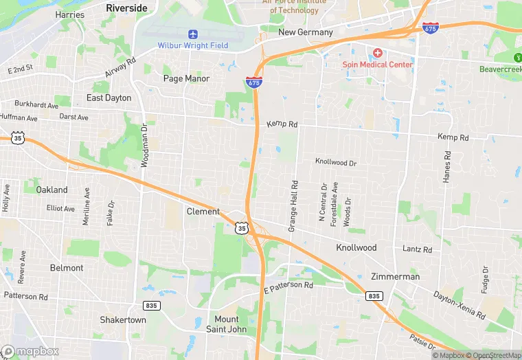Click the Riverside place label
[x=126, y=8]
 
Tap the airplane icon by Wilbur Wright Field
[x=192, y=34]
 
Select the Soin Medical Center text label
[x=378, y=65]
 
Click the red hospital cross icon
[x=377, y=53]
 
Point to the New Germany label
[x=305, y=32]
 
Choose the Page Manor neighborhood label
[x=186, y=78]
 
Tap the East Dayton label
[x=109, y=98]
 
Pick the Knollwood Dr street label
[x=336, y=162]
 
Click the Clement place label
[x=203, y=212]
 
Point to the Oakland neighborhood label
[x=52, y=190]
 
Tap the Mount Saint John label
[x=227, y=324]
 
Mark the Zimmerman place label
[x=395, y=276]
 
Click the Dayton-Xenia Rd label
[x=459, y=305]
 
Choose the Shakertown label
[x=123, y=320]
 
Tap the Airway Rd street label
[x=121, y=69]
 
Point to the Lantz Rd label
[x=417, y=249]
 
